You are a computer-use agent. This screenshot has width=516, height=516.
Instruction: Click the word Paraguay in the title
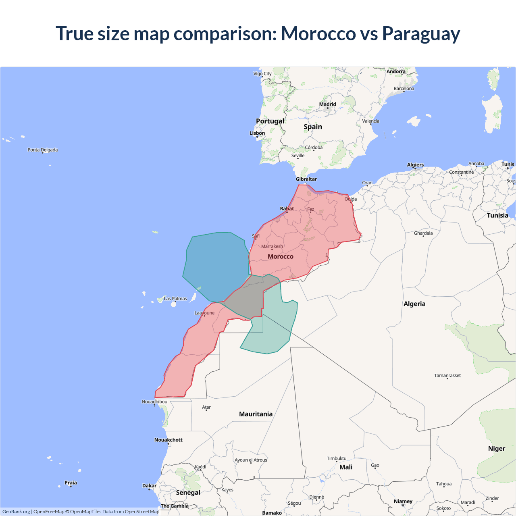[x=421, y=34]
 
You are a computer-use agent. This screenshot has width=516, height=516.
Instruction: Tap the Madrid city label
[x=327, y=104]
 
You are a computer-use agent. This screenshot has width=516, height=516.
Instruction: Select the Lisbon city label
[x=257, y=133]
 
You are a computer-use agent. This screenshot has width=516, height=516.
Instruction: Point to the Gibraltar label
[x=306, y=179]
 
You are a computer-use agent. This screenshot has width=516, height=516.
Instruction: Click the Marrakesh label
[x=272, y=246]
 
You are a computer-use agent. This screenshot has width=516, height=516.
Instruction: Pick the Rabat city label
[x=287, y=208]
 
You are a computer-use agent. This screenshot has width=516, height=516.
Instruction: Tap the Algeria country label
[x=414, y=304]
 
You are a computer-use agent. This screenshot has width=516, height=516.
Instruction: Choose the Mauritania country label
[x=256, y=414]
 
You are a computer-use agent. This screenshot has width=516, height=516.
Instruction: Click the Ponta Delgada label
[x=43, y=150]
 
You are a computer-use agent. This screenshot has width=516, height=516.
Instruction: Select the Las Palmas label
[x=175, y=299]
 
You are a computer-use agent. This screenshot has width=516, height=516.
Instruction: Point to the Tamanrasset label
[x=447, y=375]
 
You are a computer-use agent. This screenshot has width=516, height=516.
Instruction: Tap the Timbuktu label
[x=337, y=458]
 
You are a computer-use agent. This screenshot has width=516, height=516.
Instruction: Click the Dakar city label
[x=149, y=486]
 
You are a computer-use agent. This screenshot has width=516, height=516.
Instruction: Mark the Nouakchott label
[x=169, y=440]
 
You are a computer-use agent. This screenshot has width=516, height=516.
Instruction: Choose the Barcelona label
[x=404, y=89]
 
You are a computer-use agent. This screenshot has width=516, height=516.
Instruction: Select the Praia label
[x=71, y=483]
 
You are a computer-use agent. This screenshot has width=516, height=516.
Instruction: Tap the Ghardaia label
[x=423, y=233]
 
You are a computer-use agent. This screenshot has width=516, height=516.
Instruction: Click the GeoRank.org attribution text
[x=16, y=512]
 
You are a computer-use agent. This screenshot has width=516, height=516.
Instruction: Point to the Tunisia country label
[x=497, y=215]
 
